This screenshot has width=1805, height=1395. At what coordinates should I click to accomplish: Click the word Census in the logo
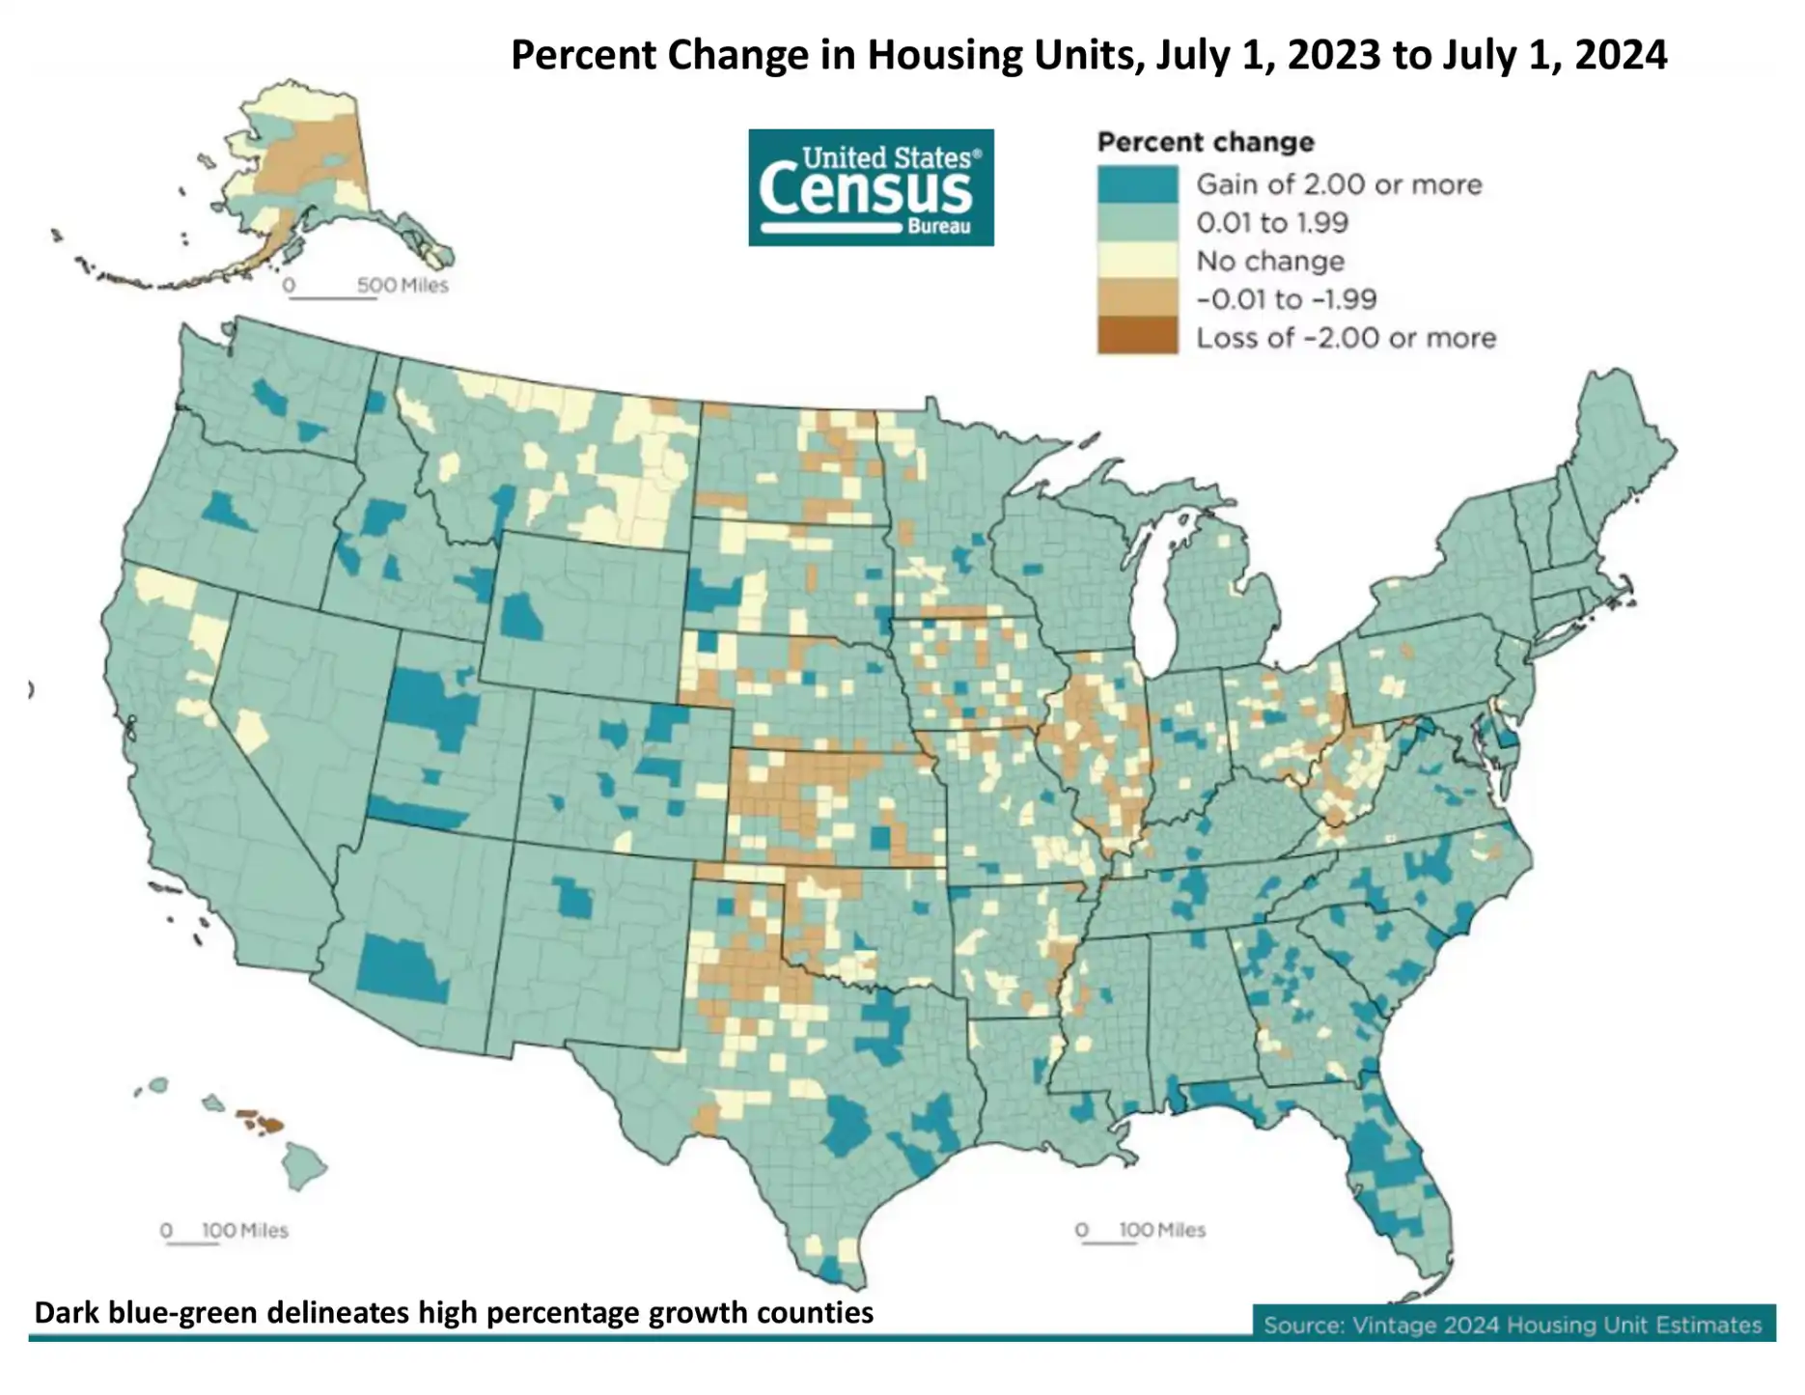pos(865,190)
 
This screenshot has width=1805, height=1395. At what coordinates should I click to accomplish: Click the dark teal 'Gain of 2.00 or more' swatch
pos(1137,184)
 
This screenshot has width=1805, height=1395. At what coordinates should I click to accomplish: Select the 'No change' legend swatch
pos(1137,261)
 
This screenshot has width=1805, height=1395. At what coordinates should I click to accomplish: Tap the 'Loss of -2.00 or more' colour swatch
pos(1137,337)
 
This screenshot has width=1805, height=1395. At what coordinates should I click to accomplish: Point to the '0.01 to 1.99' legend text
pos(1271,223)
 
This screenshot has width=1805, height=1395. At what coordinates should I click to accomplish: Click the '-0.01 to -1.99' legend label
pos(1286,299)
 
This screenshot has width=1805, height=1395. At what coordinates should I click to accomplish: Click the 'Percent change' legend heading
pos(1206,143)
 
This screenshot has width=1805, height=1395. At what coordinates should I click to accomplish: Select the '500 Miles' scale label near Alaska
pos(402,286)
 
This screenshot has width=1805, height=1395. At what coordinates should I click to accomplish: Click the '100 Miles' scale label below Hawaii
pos(244,1231)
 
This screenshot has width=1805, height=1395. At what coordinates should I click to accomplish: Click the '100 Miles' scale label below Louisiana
pos(1161,1230)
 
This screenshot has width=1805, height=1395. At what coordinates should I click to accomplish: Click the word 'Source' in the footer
pos(1303,1325)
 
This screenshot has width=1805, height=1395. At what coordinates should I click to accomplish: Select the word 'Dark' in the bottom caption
pos(66,1313)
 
